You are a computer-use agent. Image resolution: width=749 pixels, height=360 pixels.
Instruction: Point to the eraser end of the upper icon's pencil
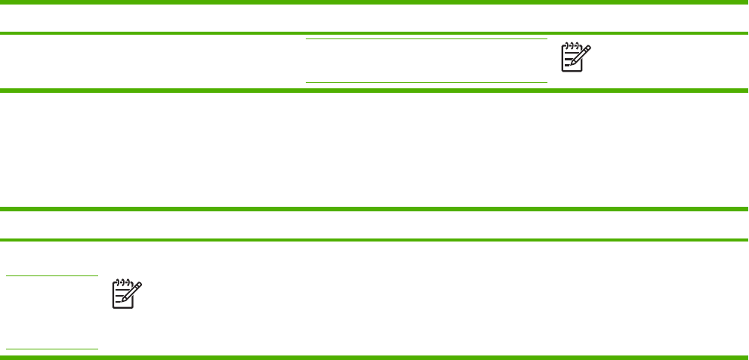(x=589, y=48)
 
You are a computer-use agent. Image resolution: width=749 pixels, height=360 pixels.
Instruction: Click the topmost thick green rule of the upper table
(x=374, y=2)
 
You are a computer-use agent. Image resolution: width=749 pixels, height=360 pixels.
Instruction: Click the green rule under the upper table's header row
(x=374, y=34)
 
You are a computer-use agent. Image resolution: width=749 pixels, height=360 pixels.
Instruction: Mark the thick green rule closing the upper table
(x=374, y=91)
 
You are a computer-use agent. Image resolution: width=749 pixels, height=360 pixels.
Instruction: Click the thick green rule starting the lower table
(x=374, y=209)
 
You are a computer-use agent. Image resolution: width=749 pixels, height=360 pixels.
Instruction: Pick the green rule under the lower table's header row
(x=374, y=240)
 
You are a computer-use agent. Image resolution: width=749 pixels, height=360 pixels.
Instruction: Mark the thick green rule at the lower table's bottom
(x=374, y=356)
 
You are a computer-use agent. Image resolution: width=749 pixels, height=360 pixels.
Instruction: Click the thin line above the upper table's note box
(x=426, y=39)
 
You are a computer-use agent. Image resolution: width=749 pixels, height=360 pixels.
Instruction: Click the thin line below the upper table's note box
(x=426, y=82)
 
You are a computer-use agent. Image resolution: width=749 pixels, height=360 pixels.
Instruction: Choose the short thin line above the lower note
(x=52, y=275)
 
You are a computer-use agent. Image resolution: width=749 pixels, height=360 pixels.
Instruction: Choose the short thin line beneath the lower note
(x=52, y=349)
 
